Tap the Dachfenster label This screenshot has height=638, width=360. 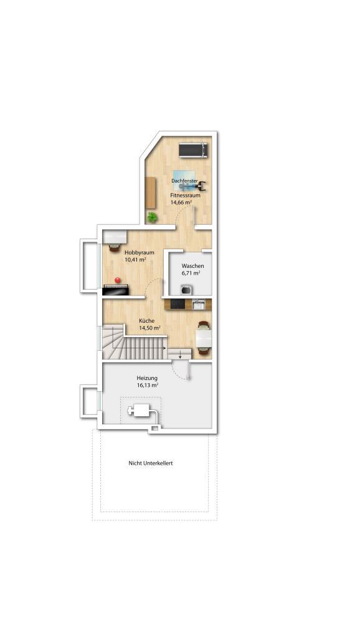click(x=185, y=181)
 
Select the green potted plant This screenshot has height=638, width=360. click(x=152, y=217)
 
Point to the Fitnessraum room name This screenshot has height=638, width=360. click(x=185, y=195)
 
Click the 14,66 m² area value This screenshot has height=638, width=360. click(x=181, y=202)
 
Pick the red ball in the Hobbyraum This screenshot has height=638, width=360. click(x=118, y=280)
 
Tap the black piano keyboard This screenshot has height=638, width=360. click(x=115, y=290)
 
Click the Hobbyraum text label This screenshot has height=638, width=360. click(x=140, y=252)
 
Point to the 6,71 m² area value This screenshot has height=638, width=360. click(x=191, y=273)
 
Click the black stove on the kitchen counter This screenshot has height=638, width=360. click(x=178, y=304)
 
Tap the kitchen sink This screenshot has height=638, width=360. click(x=199, y=304)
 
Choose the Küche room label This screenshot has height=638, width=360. click(x=146, y=321)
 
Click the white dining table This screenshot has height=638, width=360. click(x=204, y=337)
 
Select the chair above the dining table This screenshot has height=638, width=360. click(x=204, y=325)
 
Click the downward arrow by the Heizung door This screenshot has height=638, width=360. click(x=180, y=355)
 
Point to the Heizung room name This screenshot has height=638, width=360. click(x=147, y=378)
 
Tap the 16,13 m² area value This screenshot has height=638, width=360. click(x=148, y=385)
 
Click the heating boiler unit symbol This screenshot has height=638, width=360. click(x=140, y=410)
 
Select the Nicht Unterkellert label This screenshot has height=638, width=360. click(x=151, y=463)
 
